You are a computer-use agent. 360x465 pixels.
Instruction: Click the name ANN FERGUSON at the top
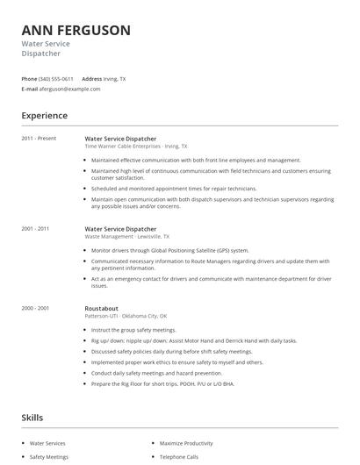pyautogui.click(x=76, y=31)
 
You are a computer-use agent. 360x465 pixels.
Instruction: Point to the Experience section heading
pyautogui.click(x=44, y=115)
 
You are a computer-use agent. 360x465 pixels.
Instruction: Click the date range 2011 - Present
pyautogui.click(x=39, y=138)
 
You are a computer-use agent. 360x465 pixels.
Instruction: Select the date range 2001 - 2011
pyautogui.click(x=36, y=228)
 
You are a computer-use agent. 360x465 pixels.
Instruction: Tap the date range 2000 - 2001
pyautogui.click(x=36, y=308)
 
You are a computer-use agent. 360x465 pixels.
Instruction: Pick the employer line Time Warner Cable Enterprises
pyautogui.click(x=136, y=146)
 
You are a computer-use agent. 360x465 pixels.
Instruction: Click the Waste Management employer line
pyautogui.click(x=127, y=236)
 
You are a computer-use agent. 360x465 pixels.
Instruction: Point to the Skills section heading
pyautogui.click(x=32, y=418)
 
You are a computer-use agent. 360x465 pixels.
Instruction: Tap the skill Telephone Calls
pyautogui.click(x=179, y=457)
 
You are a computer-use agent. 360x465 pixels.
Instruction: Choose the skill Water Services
pyautogui.click(x=49, y=443)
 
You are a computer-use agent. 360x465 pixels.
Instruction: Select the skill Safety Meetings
pyautogui.click(x=50, y=457)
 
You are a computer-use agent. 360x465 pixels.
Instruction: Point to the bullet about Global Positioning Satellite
pyautogui.click(x=169, y=250)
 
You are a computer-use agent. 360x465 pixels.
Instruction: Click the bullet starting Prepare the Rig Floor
pyautogui.click(x=162, y=383)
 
